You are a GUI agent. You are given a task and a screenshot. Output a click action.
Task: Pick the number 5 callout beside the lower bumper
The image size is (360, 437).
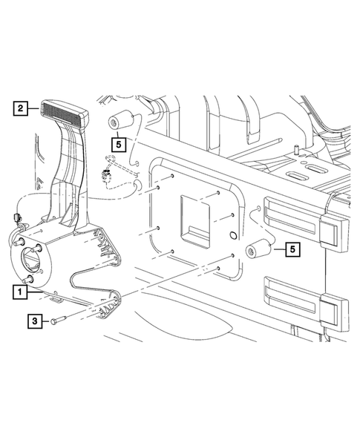[294, 250]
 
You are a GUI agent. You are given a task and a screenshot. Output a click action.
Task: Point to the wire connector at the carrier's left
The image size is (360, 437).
[17, 218]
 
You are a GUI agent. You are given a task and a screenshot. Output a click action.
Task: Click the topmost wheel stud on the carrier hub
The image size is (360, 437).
[20, 241]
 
